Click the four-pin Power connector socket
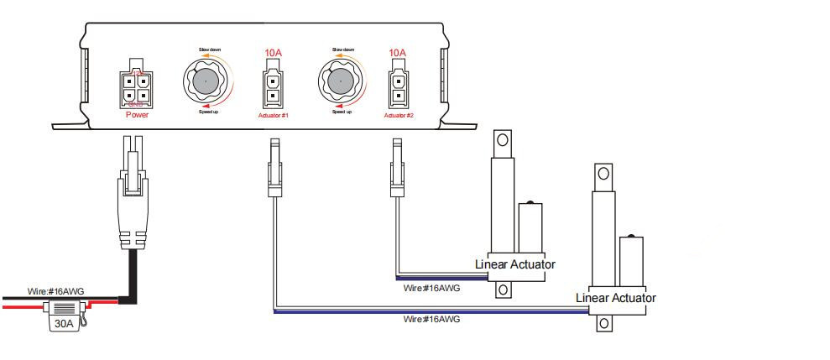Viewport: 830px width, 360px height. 137,89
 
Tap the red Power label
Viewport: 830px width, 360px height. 137,115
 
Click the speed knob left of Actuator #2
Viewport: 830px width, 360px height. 340,81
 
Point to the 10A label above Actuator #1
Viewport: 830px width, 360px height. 273,53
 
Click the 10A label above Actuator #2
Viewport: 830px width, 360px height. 398,53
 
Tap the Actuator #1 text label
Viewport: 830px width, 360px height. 274,115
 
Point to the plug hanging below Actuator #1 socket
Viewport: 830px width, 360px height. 273,172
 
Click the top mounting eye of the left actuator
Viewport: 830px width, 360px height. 503,141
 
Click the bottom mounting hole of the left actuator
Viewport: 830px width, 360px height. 503,290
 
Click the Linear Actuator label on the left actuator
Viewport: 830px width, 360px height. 515,264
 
